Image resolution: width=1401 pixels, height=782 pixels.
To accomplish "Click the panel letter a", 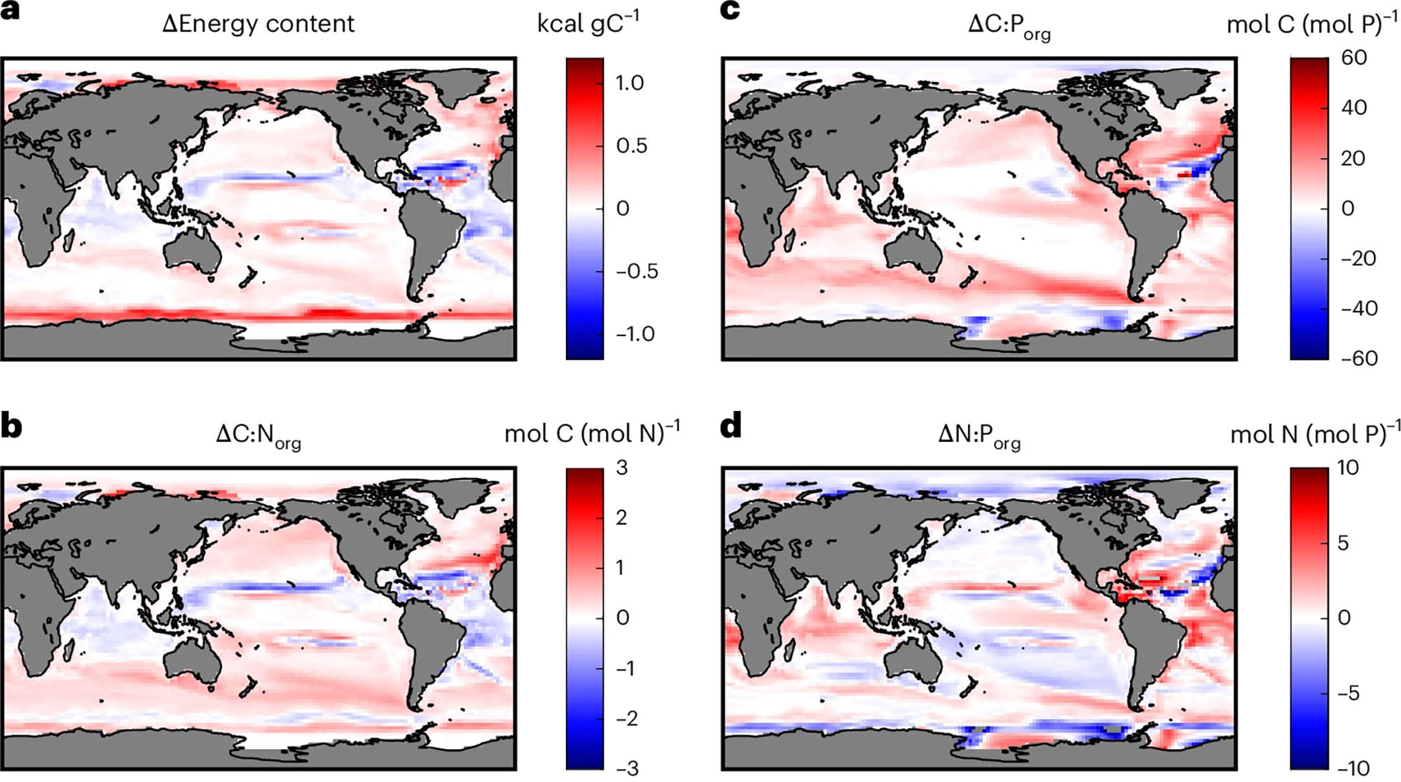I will tap(10, 11).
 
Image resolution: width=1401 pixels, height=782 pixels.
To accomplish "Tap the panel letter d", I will tap(731, 426).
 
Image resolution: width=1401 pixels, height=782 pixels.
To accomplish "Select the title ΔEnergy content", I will tap(258, 24).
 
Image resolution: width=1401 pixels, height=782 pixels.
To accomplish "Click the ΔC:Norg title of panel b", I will tap(258, 435).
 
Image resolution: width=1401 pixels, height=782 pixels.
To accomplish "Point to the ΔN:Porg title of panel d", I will tap(979, 435).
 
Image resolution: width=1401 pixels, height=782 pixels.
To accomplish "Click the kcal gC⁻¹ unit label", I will tap(588, 24).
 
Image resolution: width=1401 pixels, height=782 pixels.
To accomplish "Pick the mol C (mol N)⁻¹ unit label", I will tap(592, 434).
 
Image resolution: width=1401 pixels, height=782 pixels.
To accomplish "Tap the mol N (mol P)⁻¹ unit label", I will tap(1315, 435).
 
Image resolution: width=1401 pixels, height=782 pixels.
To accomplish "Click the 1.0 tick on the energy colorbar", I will tap(629, 83).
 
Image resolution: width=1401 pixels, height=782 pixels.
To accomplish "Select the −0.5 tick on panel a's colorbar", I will tap(636, 272).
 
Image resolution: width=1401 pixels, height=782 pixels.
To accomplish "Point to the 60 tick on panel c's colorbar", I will tap(1353, 58).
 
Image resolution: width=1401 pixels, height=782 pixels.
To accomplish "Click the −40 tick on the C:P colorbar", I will tap(1358, 309).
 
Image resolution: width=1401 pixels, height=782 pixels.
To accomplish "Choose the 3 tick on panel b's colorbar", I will tap(622, 468).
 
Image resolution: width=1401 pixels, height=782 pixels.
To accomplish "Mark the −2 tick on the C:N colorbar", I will tap(626, 719).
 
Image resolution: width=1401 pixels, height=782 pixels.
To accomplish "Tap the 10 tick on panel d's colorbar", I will tap(1347, 468).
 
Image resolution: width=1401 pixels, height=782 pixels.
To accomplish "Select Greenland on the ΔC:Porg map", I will tap(1175, 91).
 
